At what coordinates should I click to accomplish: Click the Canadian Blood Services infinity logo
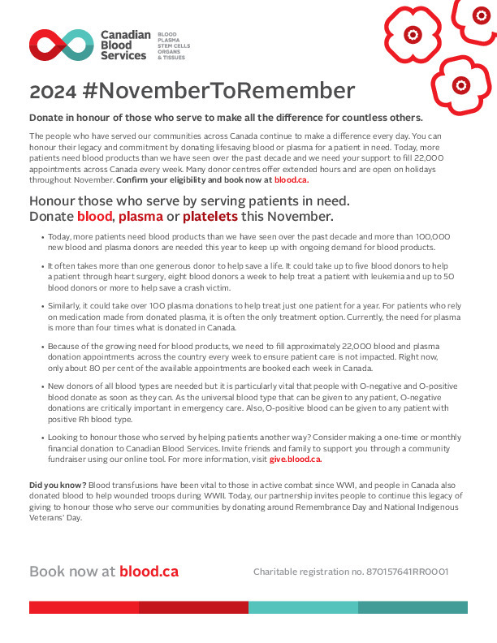click(61, 45)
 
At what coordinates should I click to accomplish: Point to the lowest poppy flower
click(460, 84)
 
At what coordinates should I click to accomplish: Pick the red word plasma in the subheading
click(139, 217)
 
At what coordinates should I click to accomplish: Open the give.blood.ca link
click(295, 460)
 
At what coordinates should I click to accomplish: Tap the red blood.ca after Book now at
click(149, 571)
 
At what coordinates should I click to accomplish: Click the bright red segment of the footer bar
click(84, 607)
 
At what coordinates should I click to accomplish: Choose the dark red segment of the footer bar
click(193, 607)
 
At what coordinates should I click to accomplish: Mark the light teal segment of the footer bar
click(303, 607)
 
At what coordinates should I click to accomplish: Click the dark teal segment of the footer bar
click(413, 607)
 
